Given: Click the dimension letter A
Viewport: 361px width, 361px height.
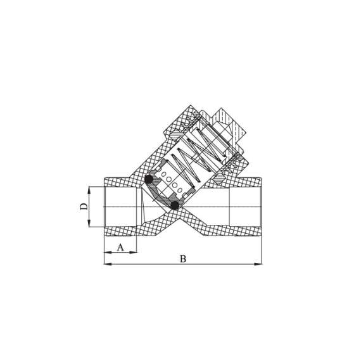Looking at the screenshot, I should pyautogui.click(x=120, y=247).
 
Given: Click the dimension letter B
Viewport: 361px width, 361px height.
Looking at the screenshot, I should pyautogui.click(x=182, y=258).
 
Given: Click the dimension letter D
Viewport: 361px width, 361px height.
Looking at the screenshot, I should pyautogui.click(x=83, y=206).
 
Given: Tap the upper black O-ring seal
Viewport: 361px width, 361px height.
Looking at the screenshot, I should pyautogui.click(x=149, y=180).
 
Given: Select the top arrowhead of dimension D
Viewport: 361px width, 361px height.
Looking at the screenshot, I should pyautogui.click(x=89, y=188).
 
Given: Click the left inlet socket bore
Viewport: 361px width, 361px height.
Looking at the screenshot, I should pyautogui.click(x=120, y=206).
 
